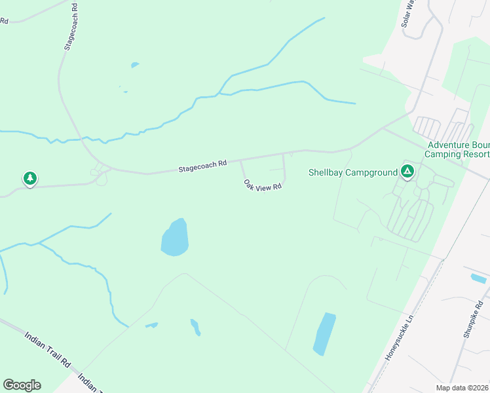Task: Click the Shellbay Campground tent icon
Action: [407, 172]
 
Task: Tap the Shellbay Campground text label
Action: [353, 172]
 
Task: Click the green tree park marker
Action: [29, 178]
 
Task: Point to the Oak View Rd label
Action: [262, 185]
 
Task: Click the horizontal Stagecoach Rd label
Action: [202, 166]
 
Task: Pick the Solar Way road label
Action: [408, 13]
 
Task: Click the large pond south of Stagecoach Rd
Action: [175, 238]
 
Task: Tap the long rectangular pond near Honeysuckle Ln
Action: [324, 333]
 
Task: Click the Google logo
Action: [22, 385]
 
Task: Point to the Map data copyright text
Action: [462, 388]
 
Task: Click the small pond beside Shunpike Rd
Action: [478, 278]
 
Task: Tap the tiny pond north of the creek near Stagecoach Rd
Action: [135, 65]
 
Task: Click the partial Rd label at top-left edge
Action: [4, 21]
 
